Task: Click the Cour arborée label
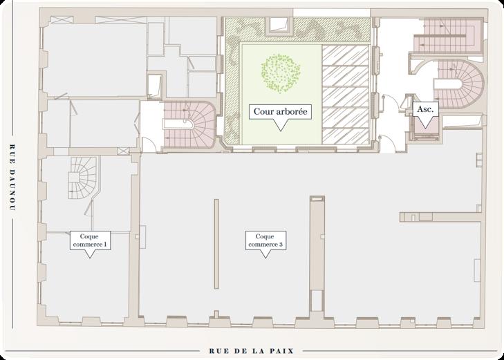[280, 111]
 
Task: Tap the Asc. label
[424, 109]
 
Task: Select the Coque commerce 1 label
[90, 240]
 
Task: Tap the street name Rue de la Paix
[252, 351]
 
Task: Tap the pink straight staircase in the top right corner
[449, 34]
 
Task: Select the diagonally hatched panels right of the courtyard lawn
[347, 94]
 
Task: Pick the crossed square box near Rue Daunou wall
[122, 150]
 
